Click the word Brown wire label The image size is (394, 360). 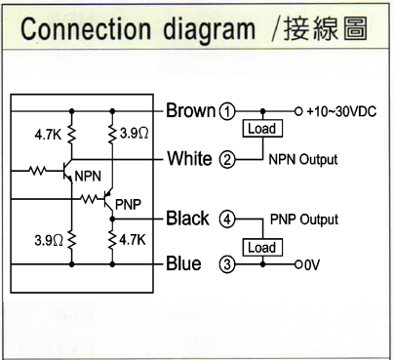191,110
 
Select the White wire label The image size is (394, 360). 190,158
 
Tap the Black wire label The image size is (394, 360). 188,218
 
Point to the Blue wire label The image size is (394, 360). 184,263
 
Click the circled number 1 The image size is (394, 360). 228,111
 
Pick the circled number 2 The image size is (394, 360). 227,159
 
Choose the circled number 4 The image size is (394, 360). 227,219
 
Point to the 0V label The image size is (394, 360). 312,264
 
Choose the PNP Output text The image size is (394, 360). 303,219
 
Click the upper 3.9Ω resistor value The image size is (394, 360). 130,130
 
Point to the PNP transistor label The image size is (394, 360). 127,204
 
